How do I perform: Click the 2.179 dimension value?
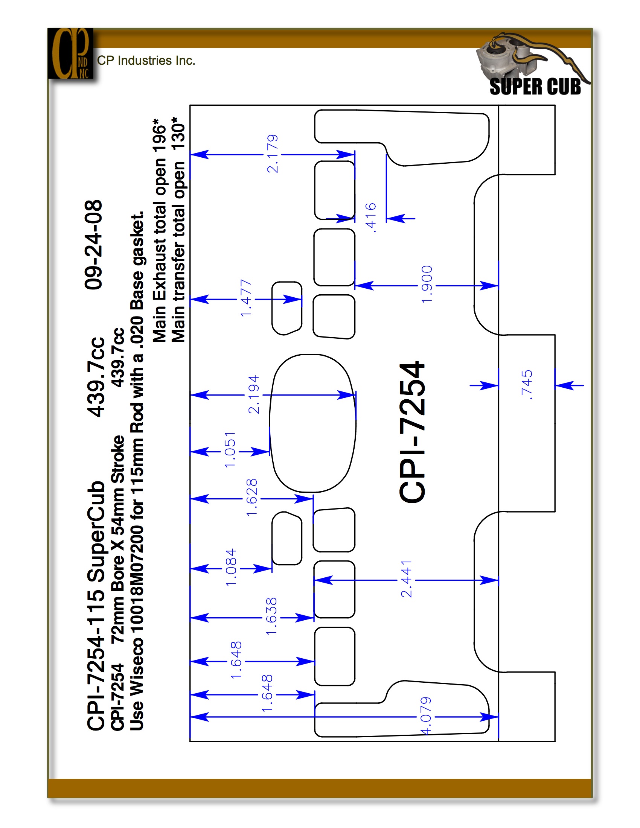(273, 154)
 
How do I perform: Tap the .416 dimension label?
(371, 217)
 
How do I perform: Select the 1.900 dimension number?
(427, 284)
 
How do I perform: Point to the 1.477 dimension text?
(246, 298)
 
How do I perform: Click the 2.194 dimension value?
(253, 394)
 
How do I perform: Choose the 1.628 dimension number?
(252, 498)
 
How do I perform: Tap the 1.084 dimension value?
(231, 567)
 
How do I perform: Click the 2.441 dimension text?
(406, 579)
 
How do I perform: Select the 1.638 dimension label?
(271, 616)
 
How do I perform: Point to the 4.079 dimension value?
(426, 716)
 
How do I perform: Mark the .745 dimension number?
(527, 385)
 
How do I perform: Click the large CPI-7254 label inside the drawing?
(412, 432)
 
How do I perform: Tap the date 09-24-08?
(93, 245)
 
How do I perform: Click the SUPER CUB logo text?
(535, 87)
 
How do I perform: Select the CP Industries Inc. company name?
(146, 61)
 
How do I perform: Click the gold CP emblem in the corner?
(70, 53)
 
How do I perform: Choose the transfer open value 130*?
(178, 135)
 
